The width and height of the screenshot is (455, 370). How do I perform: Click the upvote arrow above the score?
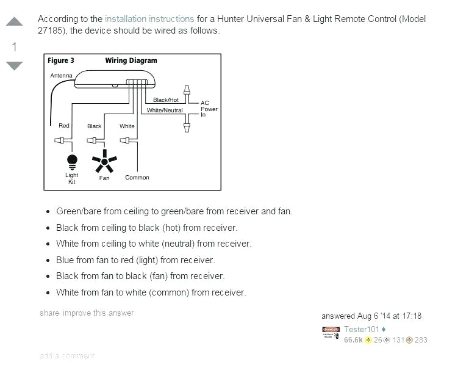click(x=14, y=23)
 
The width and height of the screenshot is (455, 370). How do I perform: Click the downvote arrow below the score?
click(x=14, y=65)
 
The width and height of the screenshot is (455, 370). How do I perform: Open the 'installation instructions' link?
click(x=149, y=19)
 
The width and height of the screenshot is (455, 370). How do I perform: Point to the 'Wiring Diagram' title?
click(x=131, y=60)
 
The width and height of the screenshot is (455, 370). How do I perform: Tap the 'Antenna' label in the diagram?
click(x=61, y=76)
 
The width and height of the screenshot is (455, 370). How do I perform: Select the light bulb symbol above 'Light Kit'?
click(x=72, y=161)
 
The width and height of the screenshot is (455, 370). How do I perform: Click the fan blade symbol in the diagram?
click(x=104, y=162)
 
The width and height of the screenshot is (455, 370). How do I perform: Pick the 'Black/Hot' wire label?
click(x=166, y=100)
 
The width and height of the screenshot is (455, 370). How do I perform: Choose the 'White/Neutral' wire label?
click(x=165, y=111)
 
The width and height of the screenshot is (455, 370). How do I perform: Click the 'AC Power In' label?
click(x=209, y=109)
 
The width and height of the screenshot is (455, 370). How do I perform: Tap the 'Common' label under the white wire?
click(x=137, y=178)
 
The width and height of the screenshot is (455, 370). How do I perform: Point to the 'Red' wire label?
click(x=64, y=126)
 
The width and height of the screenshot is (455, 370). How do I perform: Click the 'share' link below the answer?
click(x=49, y=313)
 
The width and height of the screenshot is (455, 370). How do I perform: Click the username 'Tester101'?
click(x=362, y=330)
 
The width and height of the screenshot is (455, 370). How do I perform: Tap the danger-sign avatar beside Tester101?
click(x=331, y=334)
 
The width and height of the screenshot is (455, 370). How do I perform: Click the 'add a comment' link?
click(x=67, y=355)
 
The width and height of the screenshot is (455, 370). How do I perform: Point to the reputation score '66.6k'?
click(x=353, y=340)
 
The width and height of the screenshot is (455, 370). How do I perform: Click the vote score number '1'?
click(x=14, y=46)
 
